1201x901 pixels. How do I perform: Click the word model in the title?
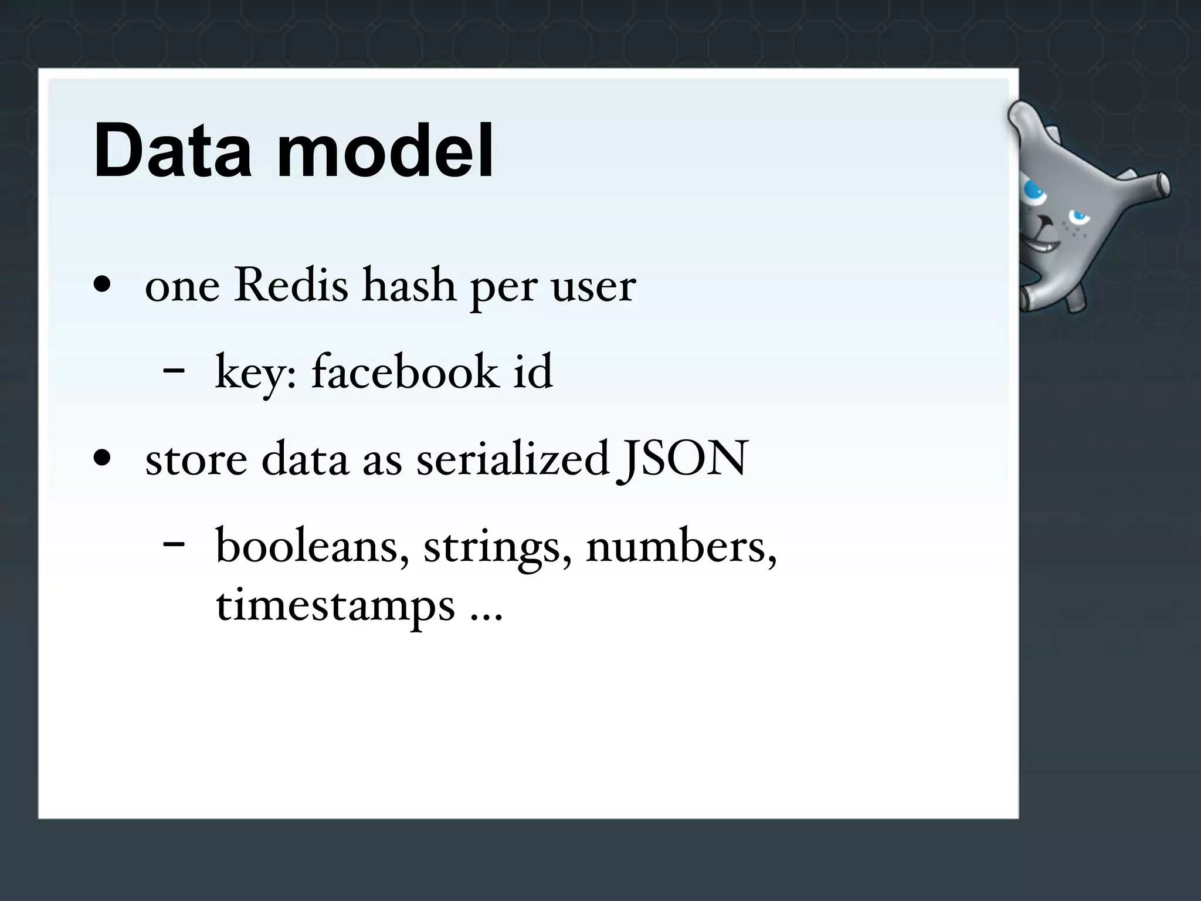[385, 151]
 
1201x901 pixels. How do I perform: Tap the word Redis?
[291, 286]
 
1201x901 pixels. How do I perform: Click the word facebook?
[405, 372]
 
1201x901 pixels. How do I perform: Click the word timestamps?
[335, 607]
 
